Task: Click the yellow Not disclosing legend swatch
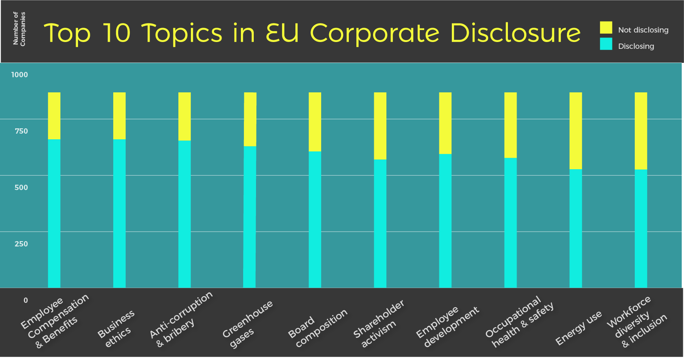point(606,28)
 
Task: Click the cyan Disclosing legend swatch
point(606,44)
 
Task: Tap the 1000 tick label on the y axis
point(20,75)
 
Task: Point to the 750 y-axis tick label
point(21,131)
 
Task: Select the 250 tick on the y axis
point(21,244)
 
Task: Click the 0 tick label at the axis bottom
point(26,301)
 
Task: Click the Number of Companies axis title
point(19,29)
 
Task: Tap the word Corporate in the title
point(375,33)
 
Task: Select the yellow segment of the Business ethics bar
point(119,116)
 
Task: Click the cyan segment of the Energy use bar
point(576,228)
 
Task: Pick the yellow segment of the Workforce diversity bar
point(641,131)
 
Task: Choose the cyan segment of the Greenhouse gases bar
point(250,217)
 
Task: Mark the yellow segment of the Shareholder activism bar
point(380,126)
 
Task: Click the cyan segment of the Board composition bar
point(315,220)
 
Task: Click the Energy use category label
point(578,328)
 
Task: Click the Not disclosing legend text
point(643,30)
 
